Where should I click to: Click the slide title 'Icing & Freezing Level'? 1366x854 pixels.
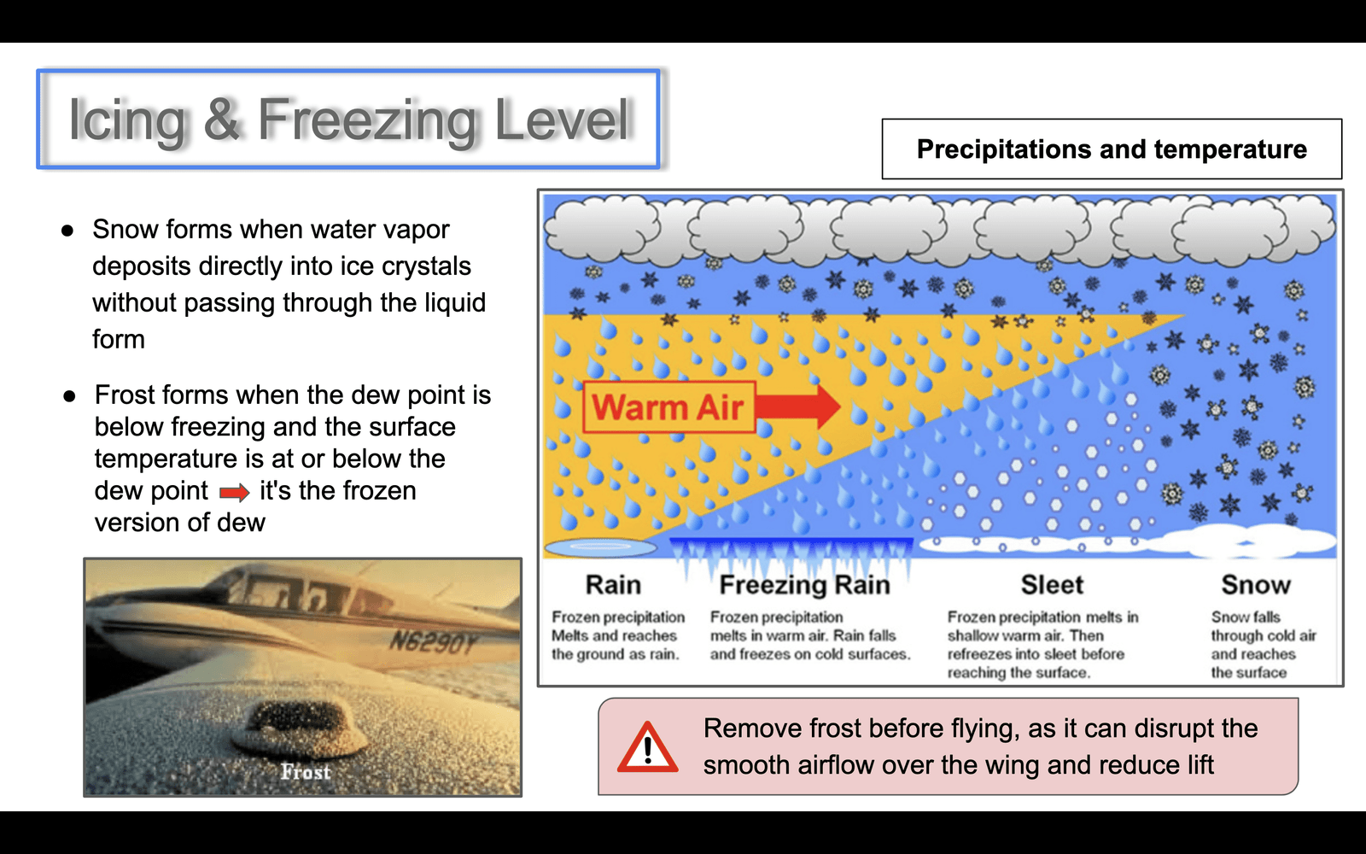(x=349, y=120)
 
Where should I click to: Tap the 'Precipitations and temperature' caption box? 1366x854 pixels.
(x=1112, y=149)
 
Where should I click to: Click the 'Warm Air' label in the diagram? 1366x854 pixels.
(x=668, y=407)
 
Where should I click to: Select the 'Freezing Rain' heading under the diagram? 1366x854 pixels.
(x=805, y=584)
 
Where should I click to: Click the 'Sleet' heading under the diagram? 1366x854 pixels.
(x=1052, y=584)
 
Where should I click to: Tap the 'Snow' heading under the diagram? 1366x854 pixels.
(x=1256, y=584)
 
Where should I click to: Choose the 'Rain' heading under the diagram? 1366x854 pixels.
(x=614, y=584)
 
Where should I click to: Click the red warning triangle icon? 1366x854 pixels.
(x=648, y=747)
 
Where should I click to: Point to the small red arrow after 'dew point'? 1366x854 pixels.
(x=235, y=492)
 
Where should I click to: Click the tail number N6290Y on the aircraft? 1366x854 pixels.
(x=432, y=641)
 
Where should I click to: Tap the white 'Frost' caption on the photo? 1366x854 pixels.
(x=306, y=772)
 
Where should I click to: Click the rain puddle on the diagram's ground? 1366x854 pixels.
(x=600, y=547)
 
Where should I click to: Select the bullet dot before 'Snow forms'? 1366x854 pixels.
(x=67, y=231)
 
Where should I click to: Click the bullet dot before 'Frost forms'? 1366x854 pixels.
(x=69, y=396)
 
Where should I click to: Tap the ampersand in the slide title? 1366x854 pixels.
(x=221, y=119)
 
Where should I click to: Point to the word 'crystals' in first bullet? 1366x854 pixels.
(x=430, y=266)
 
